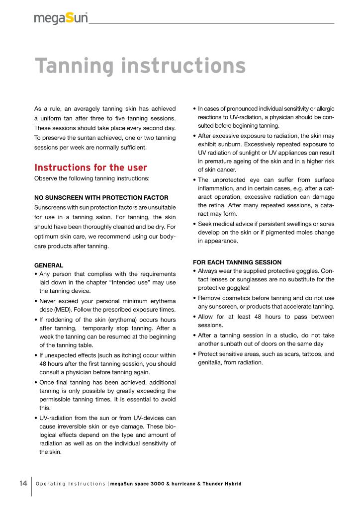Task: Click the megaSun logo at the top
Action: coord(61,18)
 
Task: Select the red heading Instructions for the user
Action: coord(90,168)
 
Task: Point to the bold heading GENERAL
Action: coord(48,265)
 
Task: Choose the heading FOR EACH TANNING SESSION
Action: coord(237,262)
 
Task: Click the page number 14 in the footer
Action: coord(23,483)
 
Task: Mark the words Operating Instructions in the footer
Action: coord(70,484)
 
